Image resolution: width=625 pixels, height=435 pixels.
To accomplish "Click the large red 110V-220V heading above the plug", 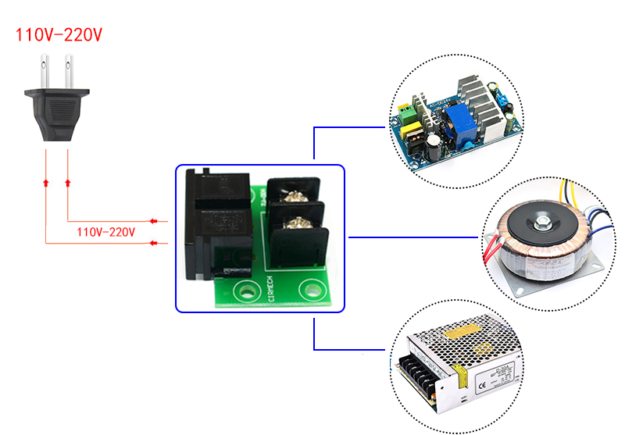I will point(59,35).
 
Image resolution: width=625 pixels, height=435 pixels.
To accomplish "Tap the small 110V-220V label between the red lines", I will point(106,232).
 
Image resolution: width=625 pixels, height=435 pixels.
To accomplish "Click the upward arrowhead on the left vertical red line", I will point(45,182).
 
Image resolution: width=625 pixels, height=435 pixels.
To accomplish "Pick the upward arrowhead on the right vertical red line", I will point(69,182).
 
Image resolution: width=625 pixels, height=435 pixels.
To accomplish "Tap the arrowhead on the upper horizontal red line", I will point(153,220).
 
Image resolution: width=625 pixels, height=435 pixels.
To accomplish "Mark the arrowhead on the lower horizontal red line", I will point(153,243).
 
